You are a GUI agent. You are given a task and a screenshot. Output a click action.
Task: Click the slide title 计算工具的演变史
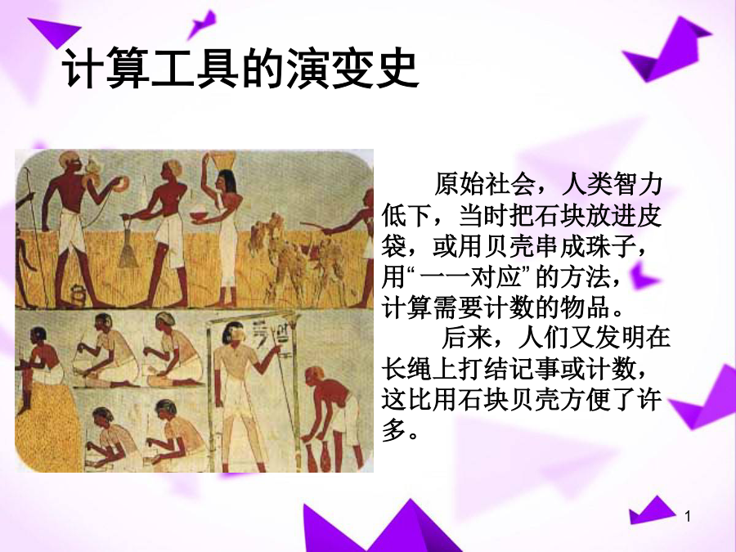(240, 69)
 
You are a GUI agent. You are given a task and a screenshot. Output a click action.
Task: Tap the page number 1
(688, 517)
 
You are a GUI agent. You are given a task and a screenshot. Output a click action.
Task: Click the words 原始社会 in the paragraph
(484, 184)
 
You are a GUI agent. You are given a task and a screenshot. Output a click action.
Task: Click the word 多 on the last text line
(393, 429)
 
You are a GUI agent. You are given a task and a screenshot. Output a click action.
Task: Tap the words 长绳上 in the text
(420, 369)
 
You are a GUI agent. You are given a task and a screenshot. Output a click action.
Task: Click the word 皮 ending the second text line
(649, 215)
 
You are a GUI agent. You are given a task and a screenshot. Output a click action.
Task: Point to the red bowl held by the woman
(200, 216)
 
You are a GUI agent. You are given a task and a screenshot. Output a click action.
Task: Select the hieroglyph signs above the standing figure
(272, 334)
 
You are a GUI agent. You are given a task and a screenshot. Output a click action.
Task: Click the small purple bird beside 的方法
(642, 276)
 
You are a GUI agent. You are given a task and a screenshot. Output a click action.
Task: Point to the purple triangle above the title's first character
(55, 31)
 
